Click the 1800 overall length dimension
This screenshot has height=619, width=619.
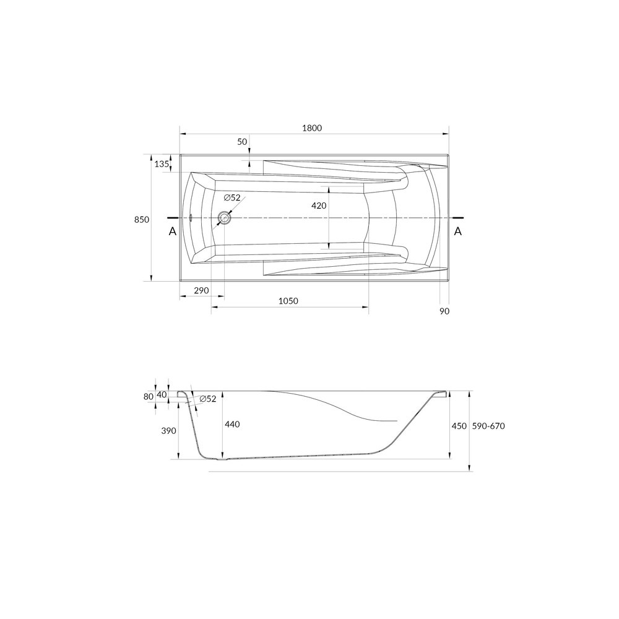tap(313, 128)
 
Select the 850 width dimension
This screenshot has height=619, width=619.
tap(142, 219)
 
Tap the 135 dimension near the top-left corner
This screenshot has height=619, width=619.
tap(161, 164)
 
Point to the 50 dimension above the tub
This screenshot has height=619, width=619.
tap(242, 142)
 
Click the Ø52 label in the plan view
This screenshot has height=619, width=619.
tap(232, 197)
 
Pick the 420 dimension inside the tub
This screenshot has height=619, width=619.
tap(319, 206)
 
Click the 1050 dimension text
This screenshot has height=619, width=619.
tap(288, 301)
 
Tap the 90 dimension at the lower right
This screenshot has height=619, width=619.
tap(444, 311)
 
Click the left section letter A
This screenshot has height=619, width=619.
tap(172, 231)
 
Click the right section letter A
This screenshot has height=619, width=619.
tap(458, 231)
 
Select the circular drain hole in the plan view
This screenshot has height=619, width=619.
tap(224, 218)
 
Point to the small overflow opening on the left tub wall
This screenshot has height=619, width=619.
tap(191, 218)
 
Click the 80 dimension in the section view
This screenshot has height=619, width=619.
tap(148, 397)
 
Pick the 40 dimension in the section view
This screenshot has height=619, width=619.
tap(162, 394)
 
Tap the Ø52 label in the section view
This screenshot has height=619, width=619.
tap(208, 399)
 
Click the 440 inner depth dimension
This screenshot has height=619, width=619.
tap(232, 424)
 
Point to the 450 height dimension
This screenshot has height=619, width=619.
tap(459, 426)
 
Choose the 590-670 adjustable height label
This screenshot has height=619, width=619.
tap(489, 426)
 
